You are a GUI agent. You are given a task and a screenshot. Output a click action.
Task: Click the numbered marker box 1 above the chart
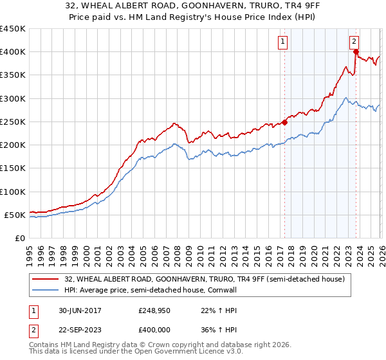point(283,42)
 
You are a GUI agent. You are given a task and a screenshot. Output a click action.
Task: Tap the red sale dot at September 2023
point(356,52)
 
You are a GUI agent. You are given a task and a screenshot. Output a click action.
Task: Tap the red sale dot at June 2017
point(285,122)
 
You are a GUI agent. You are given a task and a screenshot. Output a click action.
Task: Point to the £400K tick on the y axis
point(13,52)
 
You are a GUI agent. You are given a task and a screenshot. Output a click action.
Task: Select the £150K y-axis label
point(13,168)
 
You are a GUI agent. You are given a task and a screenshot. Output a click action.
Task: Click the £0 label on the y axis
point(19,238)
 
